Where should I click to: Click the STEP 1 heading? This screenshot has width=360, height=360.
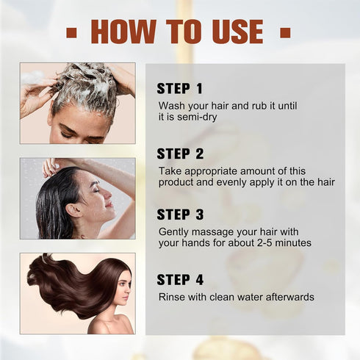point(179,89)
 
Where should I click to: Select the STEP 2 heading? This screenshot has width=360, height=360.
point(180,154)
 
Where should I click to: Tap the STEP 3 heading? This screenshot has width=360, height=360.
point(180,215)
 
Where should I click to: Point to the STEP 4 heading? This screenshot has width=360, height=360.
point(180,279)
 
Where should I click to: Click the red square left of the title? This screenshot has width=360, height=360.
point(71,32)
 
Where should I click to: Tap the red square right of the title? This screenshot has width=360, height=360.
point(285,32)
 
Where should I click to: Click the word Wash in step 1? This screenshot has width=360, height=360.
point(172,105)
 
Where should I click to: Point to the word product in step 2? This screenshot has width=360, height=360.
point(177,181)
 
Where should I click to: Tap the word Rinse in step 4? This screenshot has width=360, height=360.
point(173,297)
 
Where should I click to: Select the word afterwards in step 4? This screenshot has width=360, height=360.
point(288,297)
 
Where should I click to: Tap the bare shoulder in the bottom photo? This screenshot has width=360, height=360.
point(103,324)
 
